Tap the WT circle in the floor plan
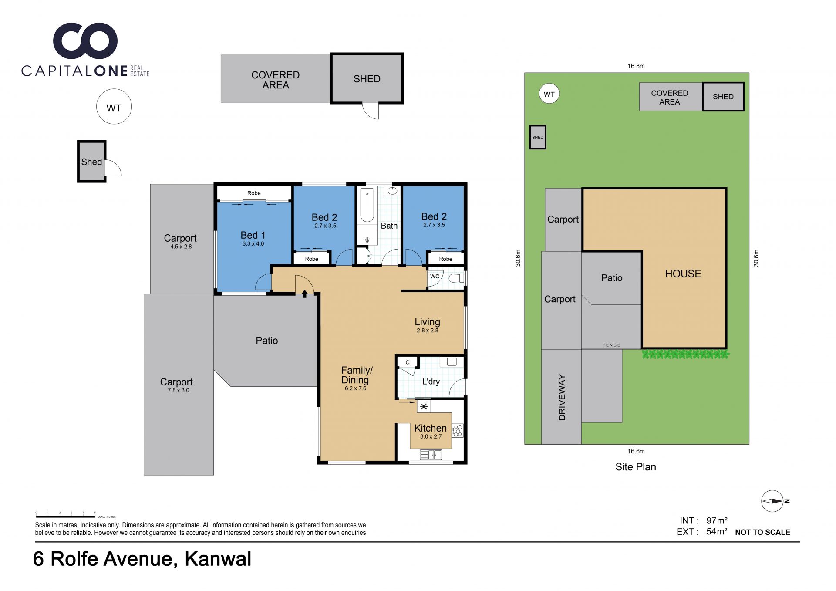[114, 107]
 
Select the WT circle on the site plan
[549, 94]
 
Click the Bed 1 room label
[253, 235]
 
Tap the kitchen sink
[431, 455]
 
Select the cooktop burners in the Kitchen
[457, 431]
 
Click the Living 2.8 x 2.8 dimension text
[427, 331]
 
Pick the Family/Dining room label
[357, 375]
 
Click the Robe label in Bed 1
[254, 193]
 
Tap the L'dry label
[431, 382]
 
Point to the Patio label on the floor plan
[266, 341]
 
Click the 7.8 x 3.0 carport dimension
[179, 390]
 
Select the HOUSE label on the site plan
[683, 274]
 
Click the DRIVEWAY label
[562, 397]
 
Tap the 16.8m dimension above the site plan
[636, 66]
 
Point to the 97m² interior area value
[717, 520]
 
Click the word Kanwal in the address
[218, 559]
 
